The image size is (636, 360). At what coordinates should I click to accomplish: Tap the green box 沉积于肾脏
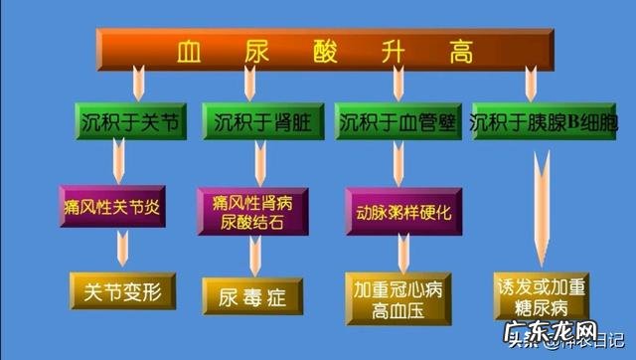pyautogui.click(x=259, y=123)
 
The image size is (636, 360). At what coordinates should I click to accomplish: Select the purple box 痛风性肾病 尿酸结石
pyautogui.click(x=252, y=210)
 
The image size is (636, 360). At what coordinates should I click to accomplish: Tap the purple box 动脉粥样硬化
pyautogui.click(x=403, y=212)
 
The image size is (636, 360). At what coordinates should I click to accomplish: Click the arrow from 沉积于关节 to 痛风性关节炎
pyautogui.click(x=120, y=158)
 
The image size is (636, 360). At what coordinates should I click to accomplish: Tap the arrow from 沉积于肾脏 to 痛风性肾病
pyautogui.click(x=260, y=159)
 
